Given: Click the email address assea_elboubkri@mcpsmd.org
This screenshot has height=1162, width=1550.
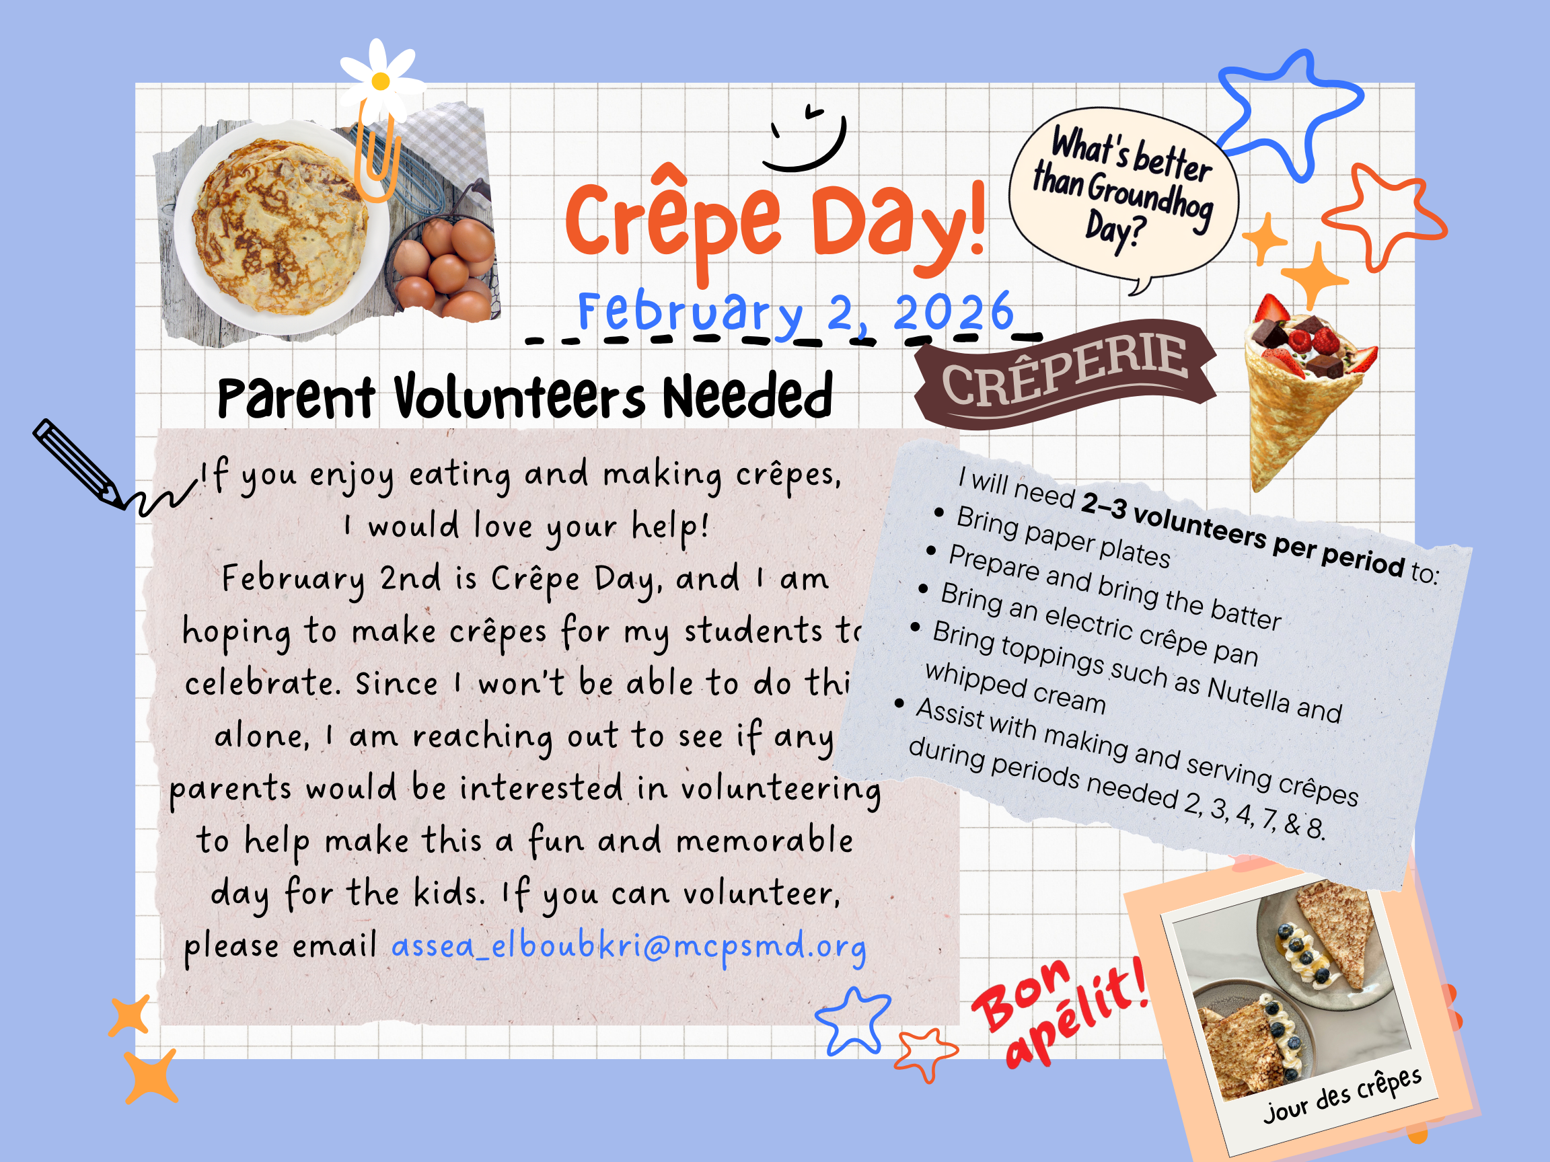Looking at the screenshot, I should click(628, 946).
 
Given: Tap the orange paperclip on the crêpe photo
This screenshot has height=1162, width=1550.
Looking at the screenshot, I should click(376, 157).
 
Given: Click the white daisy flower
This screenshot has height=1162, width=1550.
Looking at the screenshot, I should click(381, 80).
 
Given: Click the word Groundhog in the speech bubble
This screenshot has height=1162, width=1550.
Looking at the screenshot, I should click(1149, 196).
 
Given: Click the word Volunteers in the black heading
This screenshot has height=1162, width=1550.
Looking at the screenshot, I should click(519, 398).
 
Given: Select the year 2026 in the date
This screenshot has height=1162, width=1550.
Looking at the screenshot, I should click(953, 312).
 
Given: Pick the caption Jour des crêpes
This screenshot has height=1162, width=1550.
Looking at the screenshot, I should click(1342, 1095).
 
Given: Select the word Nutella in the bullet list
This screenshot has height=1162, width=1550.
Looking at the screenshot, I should click(1248, 694).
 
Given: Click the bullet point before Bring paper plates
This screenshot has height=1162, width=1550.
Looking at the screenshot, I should click(939, 512).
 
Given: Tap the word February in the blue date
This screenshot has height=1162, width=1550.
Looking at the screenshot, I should click(690, 312).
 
